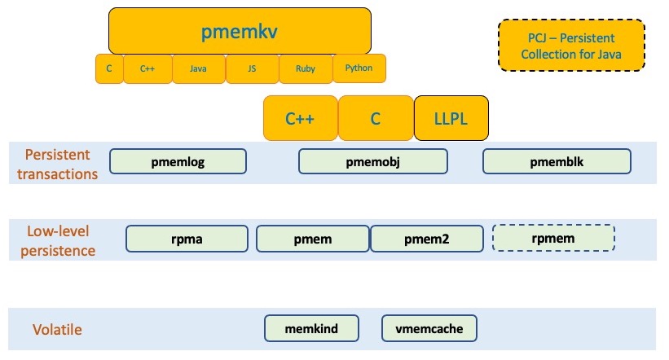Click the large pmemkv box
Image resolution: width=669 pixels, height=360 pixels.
pos(240,32)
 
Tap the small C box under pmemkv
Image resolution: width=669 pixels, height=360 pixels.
pos(109,69)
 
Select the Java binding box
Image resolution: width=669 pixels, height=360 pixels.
pos(198,69)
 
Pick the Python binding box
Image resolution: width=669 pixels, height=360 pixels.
pos(359,68)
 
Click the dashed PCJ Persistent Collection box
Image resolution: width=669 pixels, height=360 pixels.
pos(571,46)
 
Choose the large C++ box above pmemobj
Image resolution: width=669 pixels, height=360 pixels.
pos(300,118)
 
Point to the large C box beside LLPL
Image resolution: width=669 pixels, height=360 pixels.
pos(376,118)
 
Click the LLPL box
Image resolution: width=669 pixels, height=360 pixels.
pos(451,118)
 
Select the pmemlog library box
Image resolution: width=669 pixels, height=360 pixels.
pos(178,161)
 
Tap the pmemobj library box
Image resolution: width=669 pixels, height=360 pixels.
pos(374,161)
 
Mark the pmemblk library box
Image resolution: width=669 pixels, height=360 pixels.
pos(557,161)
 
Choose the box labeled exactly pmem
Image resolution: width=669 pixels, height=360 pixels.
pos(313,239)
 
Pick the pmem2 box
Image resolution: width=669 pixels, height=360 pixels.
pos(426,239)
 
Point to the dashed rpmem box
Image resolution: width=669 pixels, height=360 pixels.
pos(553,239)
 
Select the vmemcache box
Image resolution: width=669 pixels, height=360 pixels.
pos(429,328)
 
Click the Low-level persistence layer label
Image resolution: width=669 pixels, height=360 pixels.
pos(60,242)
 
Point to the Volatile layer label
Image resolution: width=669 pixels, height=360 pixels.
pos(56,330)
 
